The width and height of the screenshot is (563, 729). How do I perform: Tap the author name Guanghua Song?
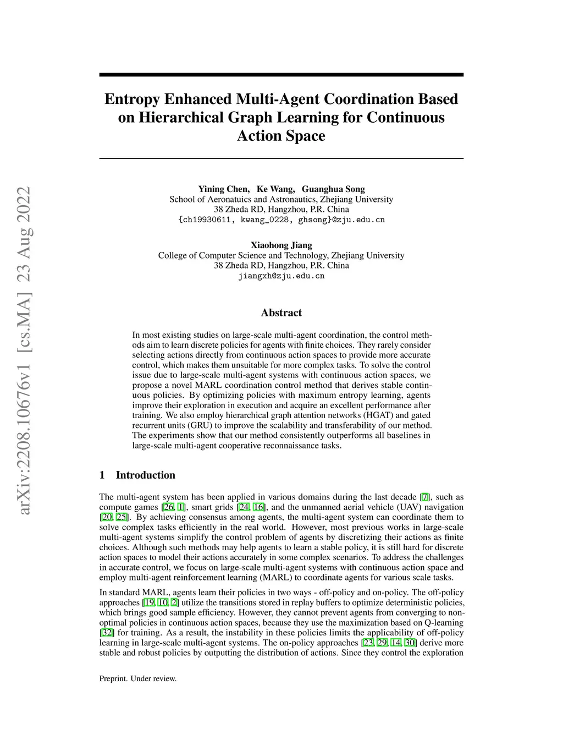(x=333, y=189)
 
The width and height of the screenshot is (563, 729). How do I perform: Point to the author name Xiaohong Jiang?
(x=281, y=245)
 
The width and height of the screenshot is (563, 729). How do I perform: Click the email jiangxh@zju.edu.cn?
(x=281, y=276)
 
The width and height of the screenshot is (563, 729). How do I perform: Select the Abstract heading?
(x=281, y=313)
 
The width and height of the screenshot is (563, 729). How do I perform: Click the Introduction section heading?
(x=145, y=475)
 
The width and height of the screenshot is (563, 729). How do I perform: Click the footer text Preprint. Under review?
(x=138, y=679)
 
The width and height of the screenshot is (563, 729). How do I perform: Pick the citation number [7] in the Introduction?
(x=424, y=497)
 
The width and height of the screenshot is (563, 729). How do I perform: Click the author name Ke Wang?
(x=275, y=189)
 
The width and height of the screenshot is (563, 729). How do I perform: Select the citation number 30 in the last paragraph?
(x=410, y=643)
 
